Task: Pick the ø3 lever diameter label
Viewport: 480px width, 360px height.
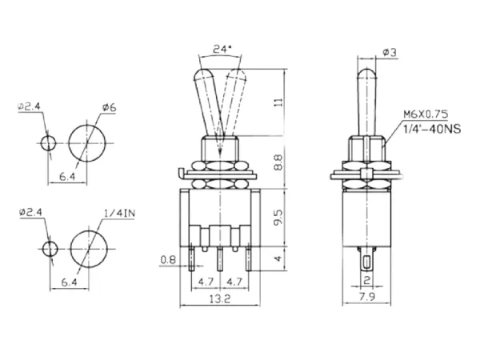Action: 391,52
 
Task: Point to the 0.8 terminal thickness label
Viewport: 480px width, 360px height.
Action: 167,259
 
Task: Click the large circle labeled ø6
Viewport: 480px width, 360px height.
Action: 86,142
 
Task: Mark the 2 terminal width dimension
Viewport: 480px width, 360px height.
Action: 366,279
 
